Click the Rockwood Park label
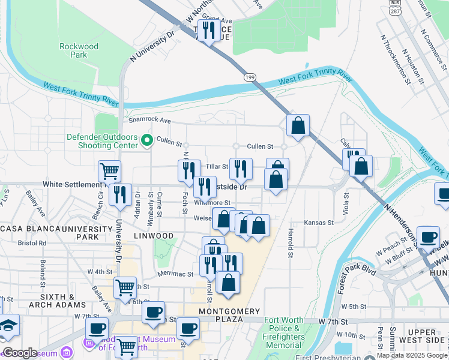(x=79, y=50)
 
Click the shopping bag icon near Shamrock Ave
(x=298, y=125)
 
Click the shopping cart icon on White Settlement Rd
(x=109, y=172)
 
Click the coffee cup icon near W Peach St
(x=428, y=238)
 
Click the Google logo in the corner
(x=20, y=353)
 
